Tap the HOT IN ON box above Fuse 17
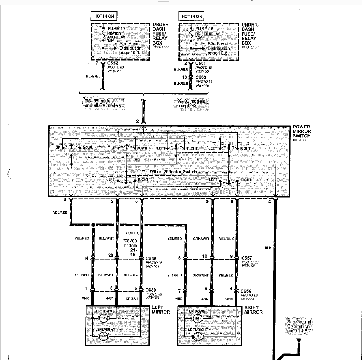(x=103, y=16)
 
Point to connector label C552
(x=113, y=63)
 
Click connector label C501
(x=201, y=63)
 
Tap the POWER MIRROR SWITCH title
(x=301, y=132)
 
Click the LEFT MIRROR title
(x=160, y=309)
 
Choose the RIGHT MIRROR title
(x=253, y=309)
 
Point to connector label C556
(x=152, y=258)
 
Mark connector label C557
(x=247, y=258)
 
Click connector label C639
(x=152, y=290)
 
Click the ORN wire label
(x=229, y=299)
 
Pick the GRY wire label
(x=109, y=299)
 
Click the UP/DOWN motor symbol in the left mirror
(x=103, y=319)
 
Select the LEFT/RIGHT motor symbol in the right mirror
(x=197, y=337)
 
